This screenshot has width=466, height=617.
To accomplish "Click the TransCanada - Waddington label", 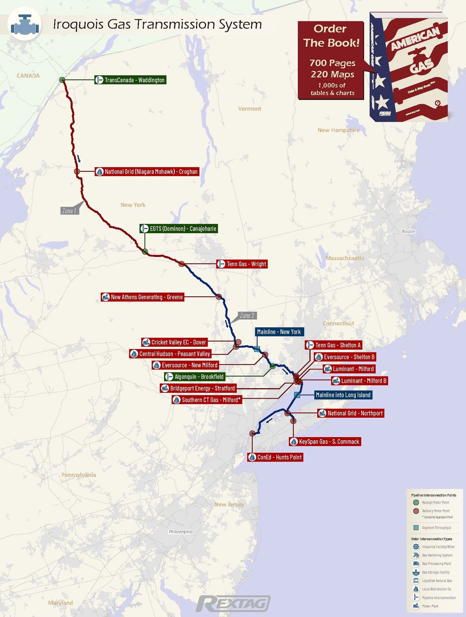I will point(130,80).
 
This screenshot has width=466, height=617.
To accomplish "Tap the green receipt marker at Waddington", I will point(62,80).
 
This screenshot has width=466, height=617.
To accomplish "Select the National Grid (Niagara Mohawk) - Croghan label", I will point(147,172).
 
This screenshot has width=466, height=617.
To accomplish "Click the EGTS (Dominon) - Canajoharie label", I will point(179,229).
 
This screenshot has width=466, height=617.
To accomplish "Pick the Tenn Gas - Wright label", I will point(242,264).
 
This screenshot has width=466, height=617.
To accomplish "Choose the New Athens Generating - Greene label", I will point(143,297).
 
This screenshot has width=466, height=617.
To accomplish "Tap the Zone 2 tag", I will point(247,316).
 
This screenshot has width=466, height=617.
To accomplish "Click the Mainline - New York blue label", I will point(279,332).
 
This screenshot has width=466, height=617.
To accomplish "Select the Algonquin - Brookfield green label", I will point(195,377).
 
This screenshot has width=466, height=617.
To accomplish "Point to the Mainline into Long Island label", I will point(343,395).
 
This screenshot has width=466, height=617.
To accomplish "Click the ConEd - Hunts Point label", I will point(275,457).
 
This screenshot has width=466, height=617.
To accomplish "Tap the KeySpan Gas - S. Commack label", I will point(325,442).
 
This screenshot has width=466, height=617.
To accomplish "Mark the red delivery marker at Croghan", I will point(77,171).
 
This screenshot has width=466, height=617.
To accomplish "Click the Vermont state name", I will point(249,109).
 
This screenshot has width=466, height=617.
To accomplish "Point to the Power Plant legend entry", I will point(430,606).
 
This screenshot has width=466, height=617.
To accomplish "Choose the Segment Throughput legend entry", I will point(436,528).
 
